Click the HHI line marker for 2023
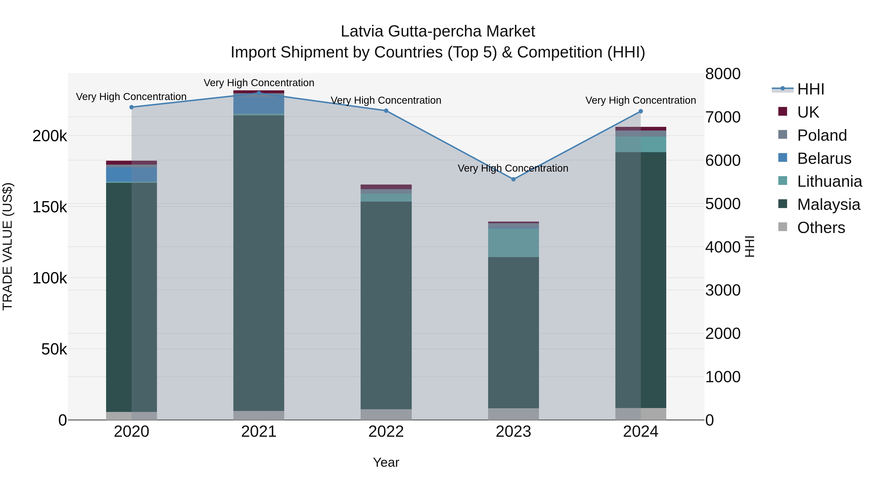pos(513,179)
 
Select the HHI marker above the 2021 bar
pos(259,93)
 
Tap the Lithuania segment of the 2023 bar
pos(513,242)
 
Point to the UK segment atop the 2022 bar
pos(386,187)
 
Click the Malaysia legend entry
pos(828,205)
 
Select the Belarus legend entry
pos(824,158)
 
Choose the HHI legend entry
pos(810,89)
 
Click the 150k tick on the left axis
pos(50,207)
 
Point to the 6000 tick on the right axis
pos(723,160)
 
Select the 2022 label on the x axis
pos(386,432)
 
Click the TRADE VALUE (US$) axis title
pos(8,246)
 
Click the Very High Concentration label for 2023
pos(513,168)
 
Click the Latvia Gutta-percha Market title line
pos(438,31)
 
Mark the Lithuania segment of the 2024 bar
pos(641,144)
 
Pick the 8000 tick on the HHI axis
pos(723,74)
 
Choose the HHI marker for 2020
pos(132,107)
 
